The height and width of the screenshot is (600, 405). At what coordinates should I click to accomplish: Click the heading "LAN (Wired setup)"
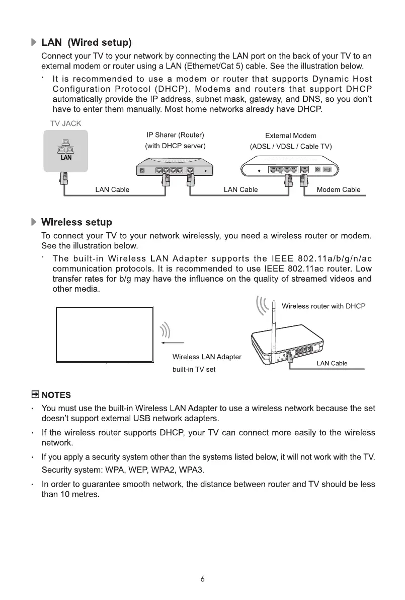86,41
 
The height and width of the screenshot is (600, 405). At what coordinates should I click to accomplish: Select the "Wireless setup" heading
76,222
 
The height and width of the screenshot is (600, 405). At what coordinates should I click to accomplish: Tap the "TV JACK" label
65,123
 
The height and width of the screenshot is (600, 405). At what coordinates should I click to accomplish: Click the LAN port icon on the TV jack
66,150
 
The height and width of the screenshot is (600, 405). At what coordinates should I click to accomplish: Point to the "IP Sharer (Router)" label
175,135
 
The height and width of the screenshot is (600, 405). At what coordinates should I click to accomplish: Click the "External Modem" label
290,136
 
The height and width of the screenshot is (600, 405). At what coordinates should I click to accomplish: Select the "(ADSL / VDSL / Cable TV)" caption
291,147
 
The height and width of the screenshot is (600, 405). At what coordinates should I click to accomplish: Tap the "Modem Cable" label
338,190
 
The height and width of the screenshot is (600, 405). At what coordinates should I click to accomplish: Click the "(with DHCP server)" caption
175,146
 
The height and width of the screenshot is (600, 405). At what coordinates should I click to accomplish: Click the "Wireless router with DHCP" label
323,306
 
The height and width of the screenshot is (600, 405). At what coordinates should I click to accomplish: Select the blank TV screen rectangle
105,334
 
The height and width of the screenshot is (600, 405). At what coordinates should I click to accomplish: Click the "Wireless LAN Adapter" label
207,357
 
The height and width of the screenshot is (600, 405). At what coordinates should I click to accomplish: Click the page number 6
202,579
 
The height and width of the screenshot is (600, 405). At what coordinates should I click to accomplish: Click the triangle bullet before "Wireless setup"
34,222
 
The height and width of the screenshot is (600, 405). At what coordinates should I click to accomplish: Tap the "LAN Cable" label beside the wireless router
332,364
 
